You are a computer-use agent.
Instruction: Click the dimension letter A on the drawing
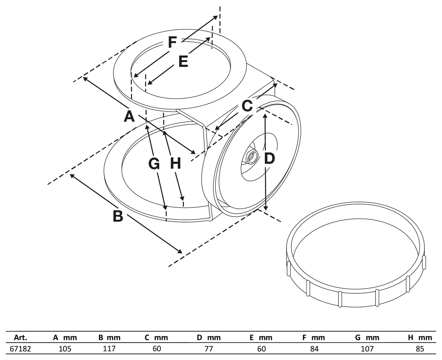[129, 116]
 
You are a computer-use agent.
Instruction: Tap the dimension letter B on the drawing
[118, 216]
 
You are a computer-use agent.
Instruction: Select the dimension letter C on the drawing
[247, 106]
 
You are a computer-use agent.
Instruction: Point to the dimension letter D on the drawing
[269, 158]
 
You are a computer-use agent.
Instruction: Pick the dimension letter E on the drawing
[183, 61]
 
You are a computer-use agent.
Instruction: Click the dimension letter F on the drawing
[172, 42]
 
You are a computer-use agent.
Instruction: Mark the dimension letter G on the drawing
[154, 164]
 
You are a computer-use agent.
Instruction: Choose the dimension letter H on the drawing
[175, 163]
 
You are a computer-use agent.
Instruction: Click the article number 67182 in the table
[20, 349]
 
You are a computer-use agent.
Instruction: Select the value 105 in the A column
[65, 349]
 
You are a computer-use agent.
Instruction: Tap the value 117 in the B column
[109, 349]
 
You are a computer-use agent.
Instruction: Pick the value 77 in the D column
[209, 349]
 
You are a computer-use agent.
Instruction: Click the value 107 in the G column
[367, 349]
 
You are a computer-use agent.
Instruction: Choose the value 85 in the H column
[420, 349]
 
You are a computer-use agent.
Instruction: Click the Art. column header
[20, 338]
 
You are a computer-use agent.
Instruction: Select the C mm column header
[156, 338]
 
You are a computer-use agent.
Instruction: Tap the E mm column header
[261, 338]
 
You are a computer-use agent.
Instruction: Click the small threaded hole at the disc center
[252, 157]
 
